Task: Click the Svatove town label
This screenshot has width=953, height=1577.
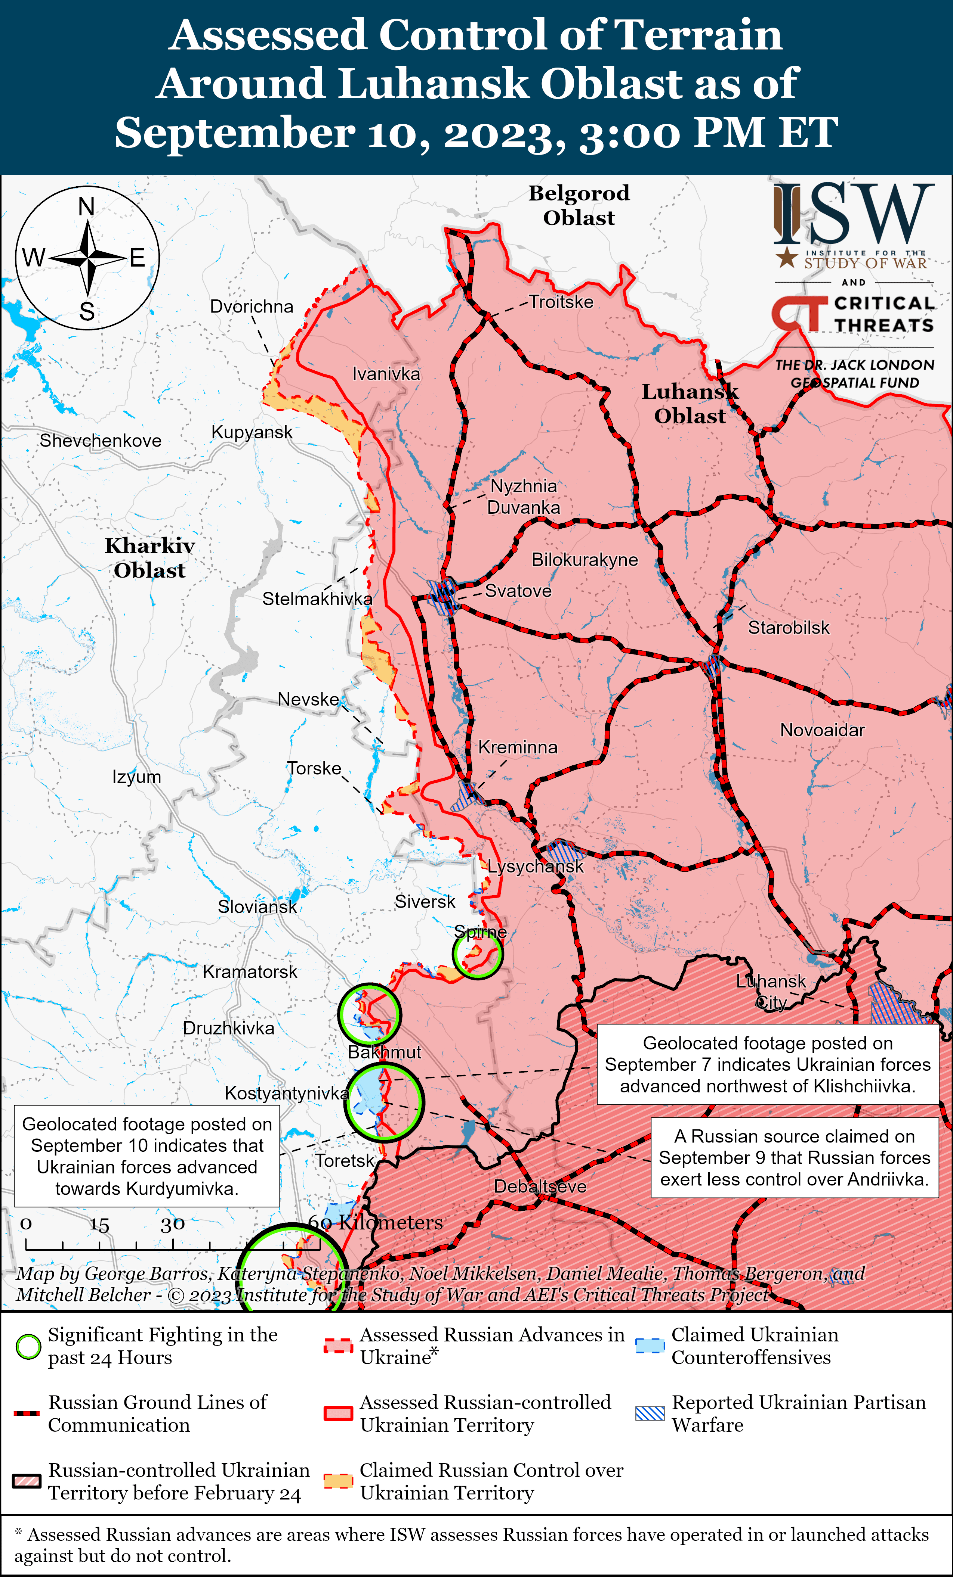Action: pos(518,591)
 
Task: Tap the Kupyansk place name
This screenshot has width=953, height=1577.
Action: pos(252,433)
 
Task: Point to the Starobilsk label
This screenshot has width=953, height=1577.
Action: pos(789,628)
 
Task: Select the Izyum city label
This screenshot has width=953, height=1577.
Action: pos(136,777)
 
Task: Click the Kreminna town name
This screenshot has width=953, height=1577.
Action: pos(518,747)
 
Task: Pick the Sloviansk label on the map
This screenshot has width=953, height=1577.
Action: pos(257,907)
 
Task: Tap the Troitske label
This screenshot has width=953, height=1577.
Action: pos(561,302)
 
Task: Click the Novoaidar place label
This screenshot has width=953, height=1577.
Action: pos(822,730)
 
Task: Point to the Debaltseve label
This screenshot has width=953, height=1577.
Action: pos(540,1186)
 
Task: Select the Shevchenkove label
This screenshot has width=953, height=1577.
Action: pos(101,441)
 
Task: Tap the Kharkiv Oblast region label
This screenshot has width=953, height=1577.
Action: pos(149,558)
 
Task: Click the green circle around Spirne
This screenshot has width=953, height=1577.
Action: pos(477,954)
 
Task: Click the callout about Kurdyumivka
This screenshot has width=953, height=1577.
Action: pos(147,1157)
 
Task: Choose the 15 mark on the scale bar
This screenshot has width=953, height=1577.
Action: pos(99,1224)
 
